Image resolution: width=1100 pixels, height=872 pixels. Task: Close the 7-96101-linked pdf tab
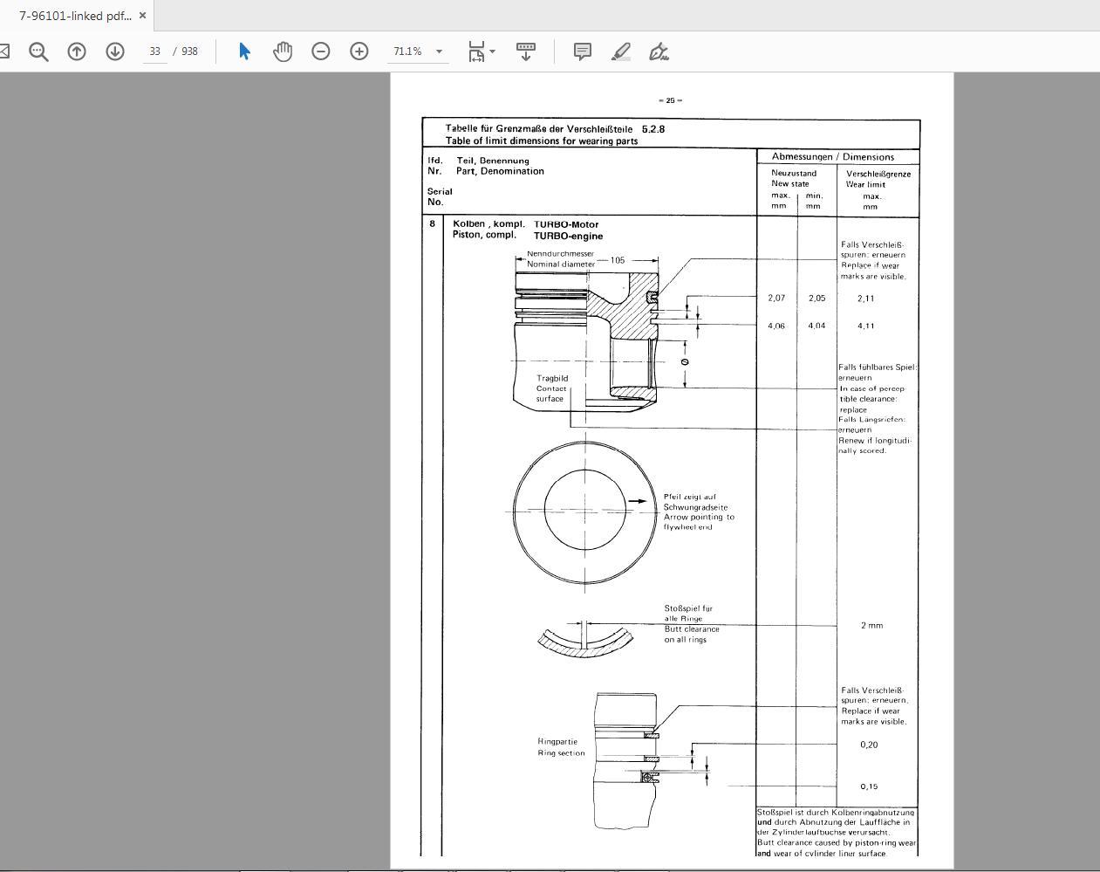point(142,16)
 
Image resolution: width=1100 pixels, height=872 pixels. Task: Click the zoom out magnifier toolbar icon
point(38,51)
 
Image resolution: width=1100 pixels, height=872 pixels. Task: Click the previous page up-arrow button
point(77,51)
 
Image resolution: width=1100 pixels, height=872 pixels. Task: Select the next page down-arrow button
point(115,51)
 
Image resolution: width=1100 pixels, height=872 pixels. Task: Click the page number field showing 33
point(155,51)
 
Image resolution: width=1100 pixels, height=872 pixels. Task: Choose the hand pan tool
point(283,51)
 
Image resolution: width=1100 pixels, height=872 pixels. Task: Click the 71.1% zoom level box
point(408,51)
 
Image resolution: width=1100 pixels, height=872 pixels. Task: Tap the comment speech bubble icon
point(582,51)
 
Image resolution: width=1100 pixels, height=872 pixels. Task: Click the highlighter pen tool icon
point(621,51)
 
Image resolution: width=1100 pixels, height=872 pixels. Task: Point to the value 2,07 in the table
point(776,299)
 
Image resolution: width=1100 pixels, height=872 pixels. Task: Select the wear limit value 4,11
point(866,326)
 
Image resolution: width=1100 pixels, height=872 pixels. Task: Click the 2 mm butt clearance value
point(871,626)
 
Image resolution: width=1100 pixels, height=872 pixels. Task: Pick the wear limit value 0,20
point(869,745)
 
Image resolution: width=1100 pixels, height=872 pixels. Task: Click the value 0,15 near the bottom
point(869,786)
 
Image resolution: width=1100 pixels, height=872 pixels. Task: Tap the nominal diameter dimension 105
point(618,260)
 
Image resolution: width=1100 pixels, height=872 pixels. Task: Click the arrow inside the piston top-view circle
point(639,502)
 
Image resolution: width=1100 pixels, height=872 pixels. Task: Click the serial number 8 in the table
point(432,224)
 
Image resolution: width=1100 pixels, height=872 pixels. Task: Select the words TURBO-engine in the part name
point(568,236)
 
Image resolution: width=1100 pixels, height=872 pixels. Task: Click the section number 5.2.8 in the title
point(653,129)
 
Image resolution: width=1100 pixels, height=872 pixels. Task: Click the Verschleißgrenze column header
point(878,174)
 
